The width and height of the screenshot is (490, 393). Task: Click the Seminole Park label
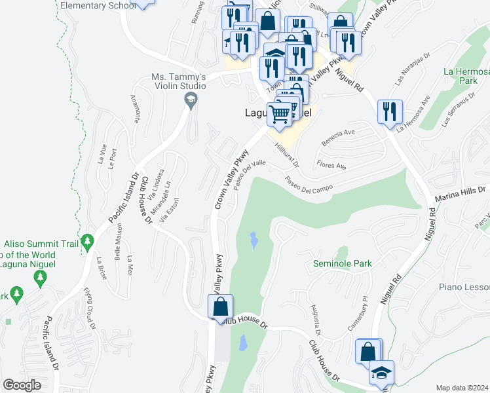341,264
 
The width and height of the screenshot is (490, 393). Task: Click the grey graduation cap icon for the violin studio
191,101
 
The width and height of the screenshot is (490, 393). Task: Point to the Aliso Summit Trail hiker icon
88,242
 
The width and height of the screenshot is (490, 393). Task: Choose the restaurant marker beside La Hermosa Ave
390,111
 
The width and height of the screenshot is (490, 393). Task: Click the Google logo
22,385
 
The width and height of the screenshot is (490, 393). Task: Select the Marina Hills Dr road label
462,191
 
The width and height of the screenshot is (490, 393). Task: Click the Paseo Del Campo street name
308,186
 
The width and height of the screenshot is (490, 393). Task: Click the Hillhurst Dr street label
287,155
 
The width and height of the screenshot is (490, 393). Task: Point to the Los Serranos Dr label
459,111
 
